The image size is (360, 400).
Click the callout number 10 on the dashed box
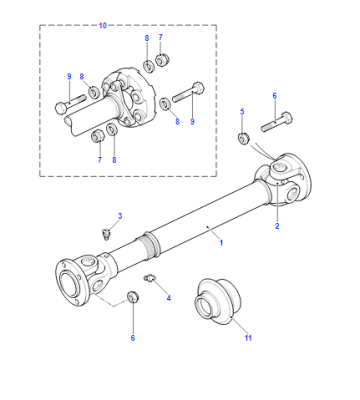tap(103, 26)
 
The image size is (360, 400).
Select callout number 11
tap(248, 338)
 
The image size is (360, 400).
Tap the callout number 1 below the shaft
tap(221, 243)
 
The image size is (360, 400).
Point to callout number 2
tap(277, 226)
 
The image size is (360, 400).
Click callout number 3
tap(120, 216)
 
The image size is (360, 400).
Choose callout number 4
tap(169, 298)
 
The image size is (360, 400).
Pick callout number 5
tap(242, 111)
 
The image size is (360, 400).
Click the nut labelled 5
tap(243, 138)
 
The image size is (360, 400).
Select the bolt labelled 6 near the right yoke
tap(277, 122)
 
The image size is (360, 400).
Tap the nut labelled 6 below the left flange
tap(133, 297)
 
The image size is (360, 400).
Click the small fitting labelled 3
tap(106, 234)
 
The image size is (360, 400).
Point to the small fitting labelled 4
tap(149, 278)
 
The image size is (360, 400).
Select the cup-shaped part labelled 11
tap(217, 301)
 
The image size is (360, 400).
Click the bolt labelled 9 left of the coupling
tap(70, 104)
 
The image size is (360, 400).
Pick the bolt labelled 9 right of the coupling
tap(189, 93)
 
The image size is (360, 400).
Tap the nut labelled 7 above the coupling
tap(163, 60)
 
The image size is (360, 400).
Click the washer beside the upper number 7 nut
tap(148, 66)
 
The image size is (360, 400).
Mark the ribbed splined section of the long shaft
tap(152, 247)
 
